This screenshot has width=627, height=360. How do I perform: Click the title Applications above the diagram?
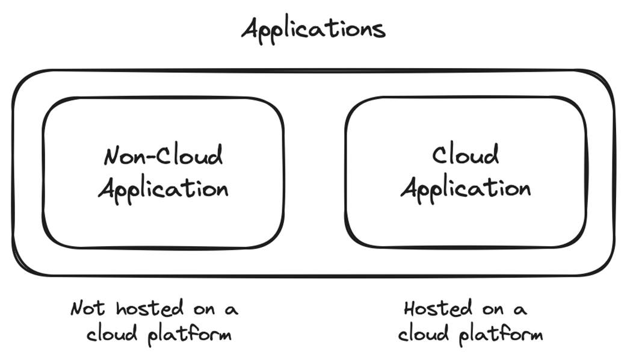pyautogui.click(x=313, y=28)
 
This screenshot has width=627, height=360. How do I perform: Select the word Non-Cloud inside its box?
pyautogui.click(x=163, y=156)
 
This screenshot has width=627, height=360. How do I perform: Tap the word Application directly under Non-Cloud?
pyautogui.click(x=163, y=188)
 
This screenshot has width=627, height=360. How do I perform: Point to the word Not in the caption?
pyautogui.click(x=88, y=309)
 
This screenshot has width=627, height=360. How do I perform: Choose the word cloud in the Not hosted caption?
pyautogui.click(x=113, y=334)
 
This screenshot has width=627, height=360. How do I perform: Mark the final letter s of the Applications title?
pyautogui.click(x=379, y=30)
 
